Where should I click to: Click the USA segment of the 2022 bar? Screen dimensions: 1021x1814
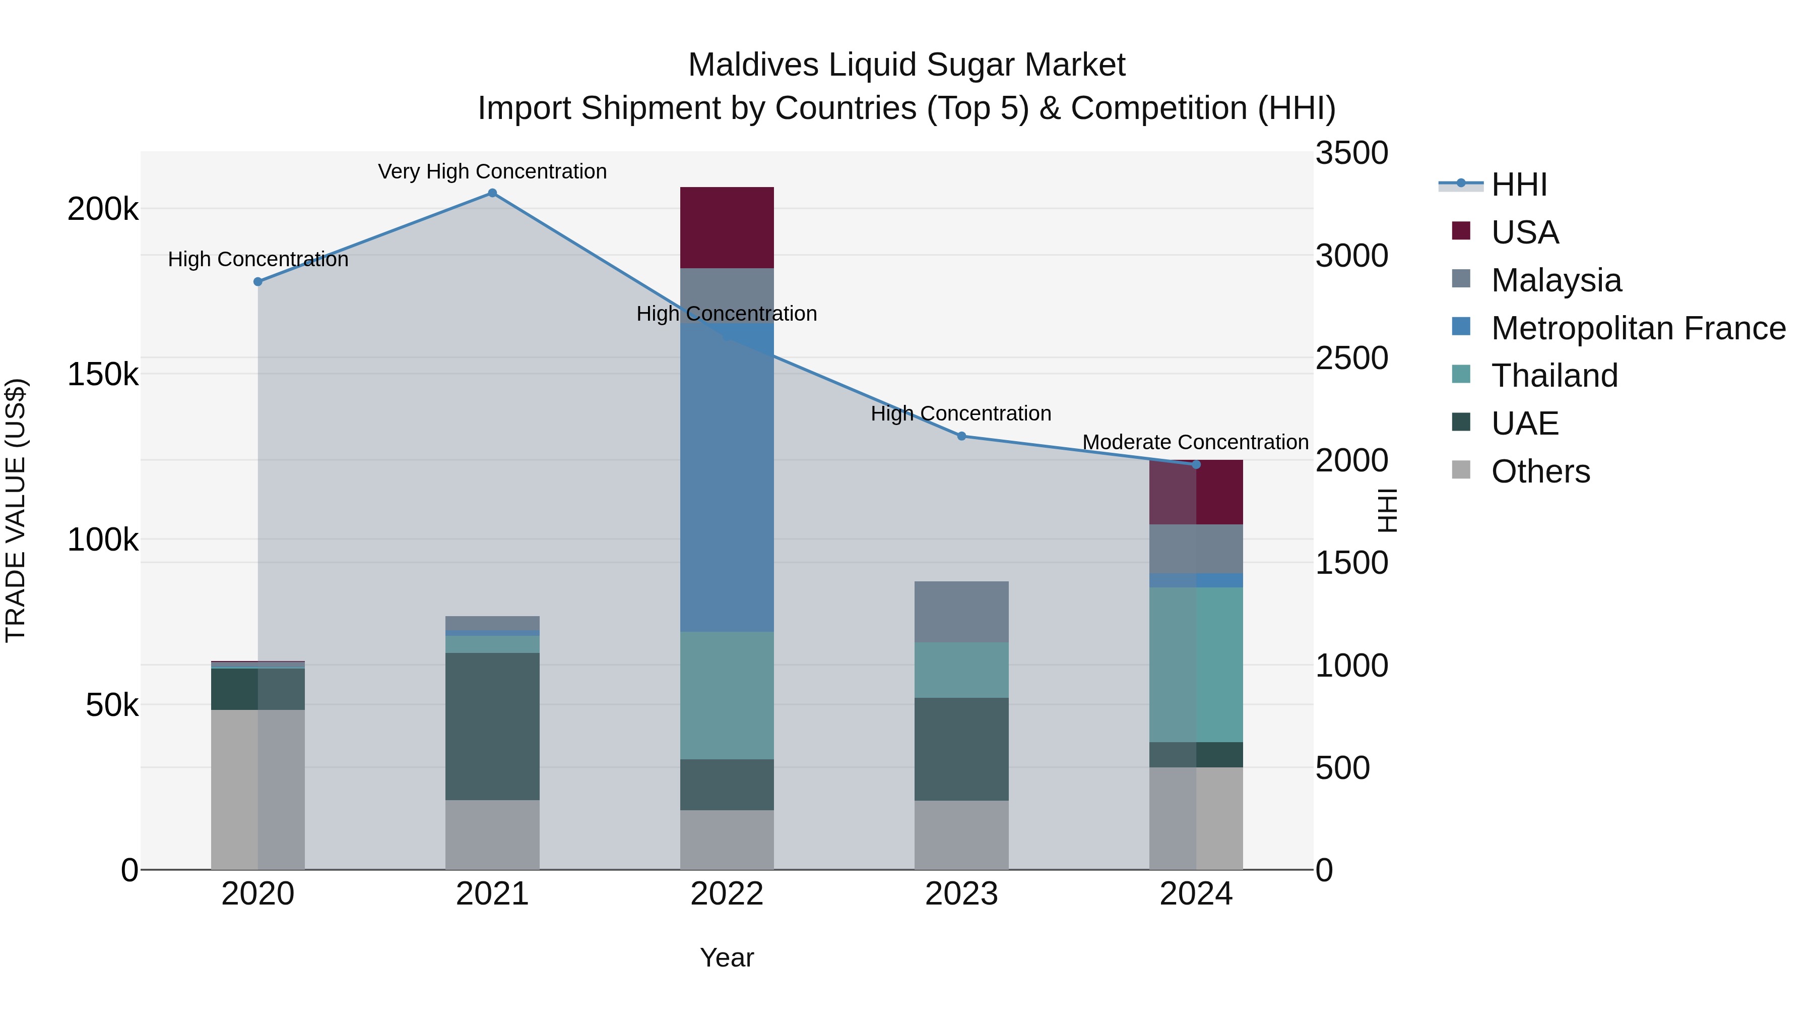point(727,227)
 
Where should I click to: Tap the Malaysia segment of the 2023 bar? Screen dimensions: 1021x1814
point(961,612)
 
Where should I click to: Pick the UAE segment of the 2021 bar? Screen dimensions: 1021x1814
point(492,726)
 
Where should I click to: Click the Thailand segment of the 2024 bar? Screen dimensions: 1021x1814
point(1196,665)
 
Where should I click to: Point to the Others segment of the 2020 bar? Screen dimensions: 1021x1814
point(257,789)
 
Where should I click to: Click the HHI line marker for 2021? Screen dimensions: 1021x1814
point(492,193)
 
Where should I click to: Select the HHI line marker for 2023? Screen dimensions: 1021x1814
point(961,436)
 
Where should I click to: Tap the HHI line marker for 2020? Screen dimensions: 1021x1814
point(257,282)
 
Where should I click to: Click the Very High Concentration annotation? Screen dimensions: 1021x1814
point(492,171)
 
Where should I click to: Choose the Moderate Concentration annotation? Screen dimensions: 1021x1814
point(1195,442)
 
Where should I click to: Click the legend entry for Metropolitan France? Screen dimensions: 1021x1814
point(1638,328)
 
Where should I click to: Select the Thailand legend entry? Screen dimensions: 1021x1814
point(1554,376)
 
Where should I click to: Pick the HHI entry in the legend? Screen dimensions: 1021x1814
point(1518,185)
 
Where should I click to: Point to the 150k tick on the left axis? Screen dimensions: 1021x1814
point(103,374)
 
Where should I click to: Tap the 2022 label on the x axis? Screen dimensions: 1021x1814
point(727,894)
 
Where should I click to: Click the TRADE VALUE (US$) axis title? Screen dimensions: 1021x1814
point(16,510)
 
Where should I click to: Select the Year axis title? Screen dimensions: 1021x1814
point(727,957)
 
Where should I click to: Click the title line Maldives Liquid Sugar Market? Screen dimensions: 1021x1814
point(906,65)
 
